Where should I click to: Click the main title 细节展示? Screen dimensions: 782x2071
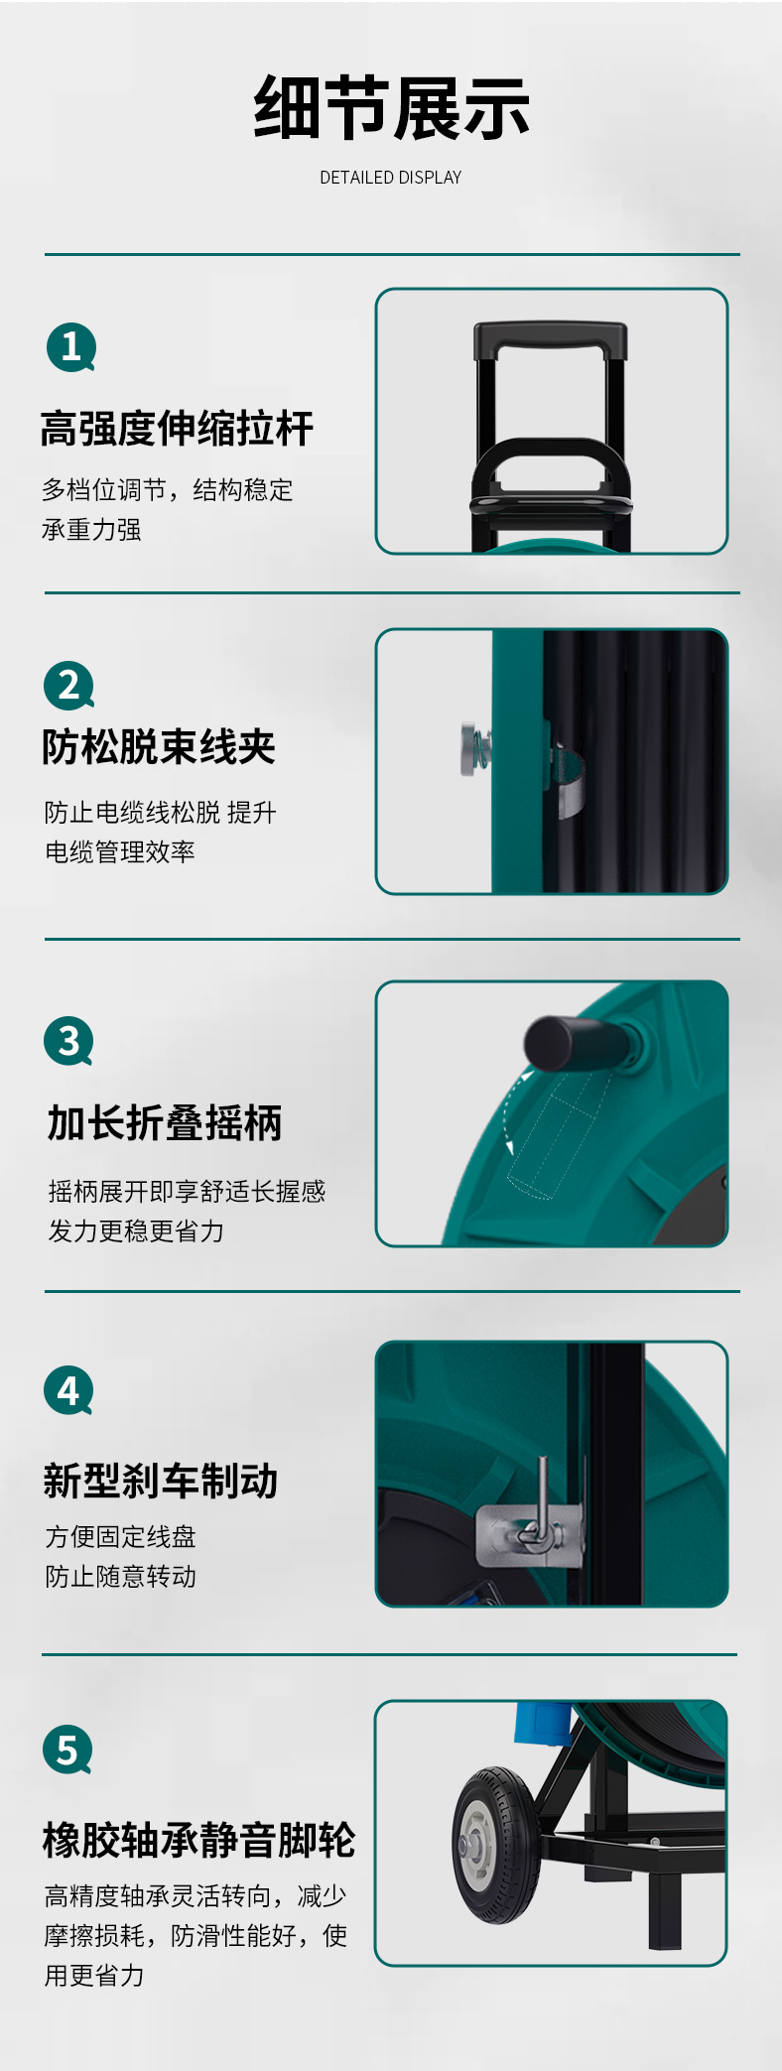click(x=391, y=108)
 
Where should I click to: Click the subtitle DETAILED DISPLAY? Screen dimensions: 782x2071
click(x=391, y=178)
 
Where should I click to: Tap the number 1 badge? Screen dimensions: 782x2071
click(x=71, y=347)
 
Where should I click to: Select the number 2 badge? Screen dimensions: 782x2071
click(x=69, y=686)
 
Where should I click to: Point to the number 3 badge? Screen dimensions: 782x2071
click(x=68, y=1041)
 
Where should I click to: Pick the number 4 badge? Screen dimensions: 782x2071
click(x=68, y=1391)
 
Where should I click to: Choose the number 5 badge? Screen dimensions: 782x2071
click(x=67, y=1749)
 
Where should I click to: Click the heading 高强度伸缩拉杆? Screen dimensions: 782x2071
click(x=177, y=429)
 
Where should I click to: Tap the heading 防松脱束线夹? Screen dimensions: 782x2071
click(x=159, y=747)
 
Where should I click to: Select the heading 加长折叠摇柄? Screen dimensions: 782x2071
click(x=165, y=1123)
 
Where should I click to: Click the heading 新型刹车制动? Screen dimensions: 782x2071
click(x=161, y=1481)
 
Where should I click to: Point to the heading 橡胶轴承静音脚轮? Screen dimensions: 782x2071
click(x=198, y=1840)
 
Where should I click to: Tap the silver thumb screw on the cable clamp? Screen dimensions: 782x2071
click(x=470, y=749)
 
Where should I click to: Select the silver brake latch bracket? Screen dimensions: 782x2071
click(x=530, y=1534)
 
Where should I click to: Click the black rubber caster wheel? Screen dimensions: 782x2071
click(x=496, y=1845)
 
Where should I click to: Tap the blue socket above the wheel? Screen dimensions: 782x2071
click(x=539, y=1723)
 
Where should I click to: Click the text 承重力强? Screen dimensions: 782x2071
click(x=91, y=530)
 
